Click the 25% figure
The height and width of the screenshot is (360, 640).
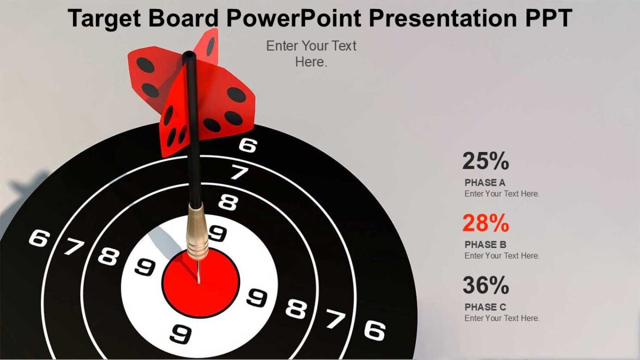point(485,161)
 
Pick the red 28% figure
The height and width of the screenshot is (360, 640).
point(485,223)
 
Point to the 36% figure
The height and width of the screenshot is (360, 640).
point(485,286)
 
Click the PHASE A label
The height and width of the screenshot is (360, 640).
point(485,182)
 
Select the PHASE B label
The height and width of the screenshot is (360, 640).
point(485,245)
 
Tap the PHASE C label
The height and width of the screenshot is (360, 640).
point(485,307)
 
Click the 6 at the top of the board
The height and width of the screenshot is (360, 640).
point(247,145)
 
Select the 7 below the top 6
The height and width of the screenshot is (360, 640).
point(239,172)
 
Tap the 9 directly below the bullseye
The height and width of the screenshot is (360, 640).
point(181,334)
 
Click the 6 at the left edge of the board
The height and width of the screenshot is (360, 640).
point(37,238)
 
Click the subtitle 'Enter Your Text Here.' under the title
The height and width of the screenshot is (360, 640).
point(311,54)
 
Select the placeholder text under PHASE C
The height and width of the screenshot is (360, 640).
point(502,318)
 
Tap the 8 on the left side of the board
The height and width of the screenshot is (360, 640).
point(108,257)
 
